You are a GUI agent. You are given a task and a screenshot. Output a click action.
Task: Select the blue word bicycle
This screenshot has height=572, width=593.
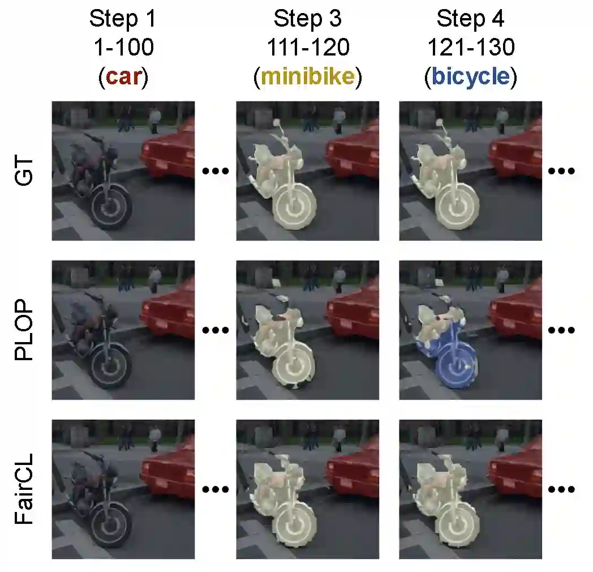point(470,76)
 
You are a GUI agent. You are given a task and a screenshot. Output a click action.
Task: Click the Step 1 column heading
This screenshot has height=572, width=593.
point(123,19)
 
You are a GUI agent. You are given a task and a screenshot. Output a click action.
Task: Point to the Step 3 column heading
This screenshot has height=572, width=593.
point(308,19)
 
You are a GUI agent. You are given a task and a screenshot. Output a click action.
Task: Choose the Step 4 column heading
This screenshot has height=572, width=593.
point(470,19)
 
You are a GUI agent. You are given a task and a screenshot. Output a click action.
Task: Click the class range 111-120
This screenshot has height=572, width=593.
point(308,48)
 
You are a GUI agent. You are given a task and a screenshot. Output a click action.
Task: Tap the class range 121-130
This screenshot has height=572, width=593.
point(471,48)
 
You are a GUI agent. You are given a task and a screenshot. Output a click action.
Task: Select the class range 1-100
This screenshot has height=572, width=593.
point(124,48)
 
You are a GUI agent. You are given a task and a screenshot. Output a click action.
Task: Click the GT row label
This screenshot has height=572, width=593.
point(24,172)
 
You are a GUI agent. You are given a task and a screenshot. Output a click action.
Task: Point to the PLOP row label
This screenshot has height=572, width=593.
point(24,330)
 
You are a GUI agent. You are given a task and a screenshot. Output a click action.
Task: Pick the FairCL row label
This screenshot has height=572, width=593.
point(24,489)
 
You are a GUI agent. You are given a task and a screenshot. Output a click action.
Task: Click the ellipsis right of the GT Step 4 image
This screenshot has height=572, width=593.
point(561,171)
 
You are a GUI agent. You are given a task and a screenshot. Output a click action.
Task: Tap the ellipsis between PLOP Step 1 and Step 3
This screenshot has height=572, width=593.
point(216,330)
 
